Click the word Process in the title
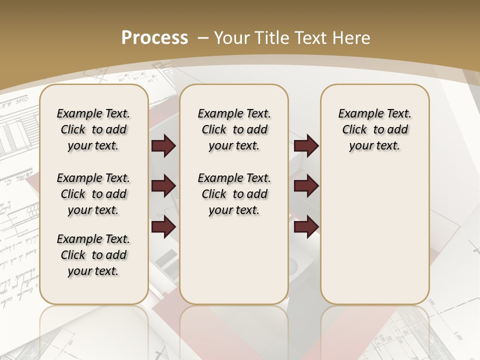click(x=154, y=38)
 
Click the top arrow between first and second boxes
click(x=163, y=146)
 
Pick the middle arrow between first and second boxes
click(x=163, y=186)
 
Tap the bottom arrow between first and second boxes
click(x=163, y=226)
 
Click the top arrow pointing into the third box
click(x=306, y=146)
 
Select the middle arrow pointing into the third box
click(x=306, y=186)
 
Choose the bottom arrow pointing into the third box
click(x=306, y=226)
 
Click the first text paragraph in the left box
click(x=93, y=129)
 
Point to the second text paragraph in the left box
click(x=93, y=194)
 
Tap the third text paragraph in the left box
click(x=93, y=255)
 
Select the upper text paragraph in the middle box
click(x=234, y=129)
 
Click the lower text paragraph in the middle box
click(x=234, y=194)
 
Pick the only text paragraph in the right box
click(x=375, y=129)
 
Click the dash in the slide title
click(x=203, y=38)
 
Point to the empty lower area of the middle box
click(x=234, y=260)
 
